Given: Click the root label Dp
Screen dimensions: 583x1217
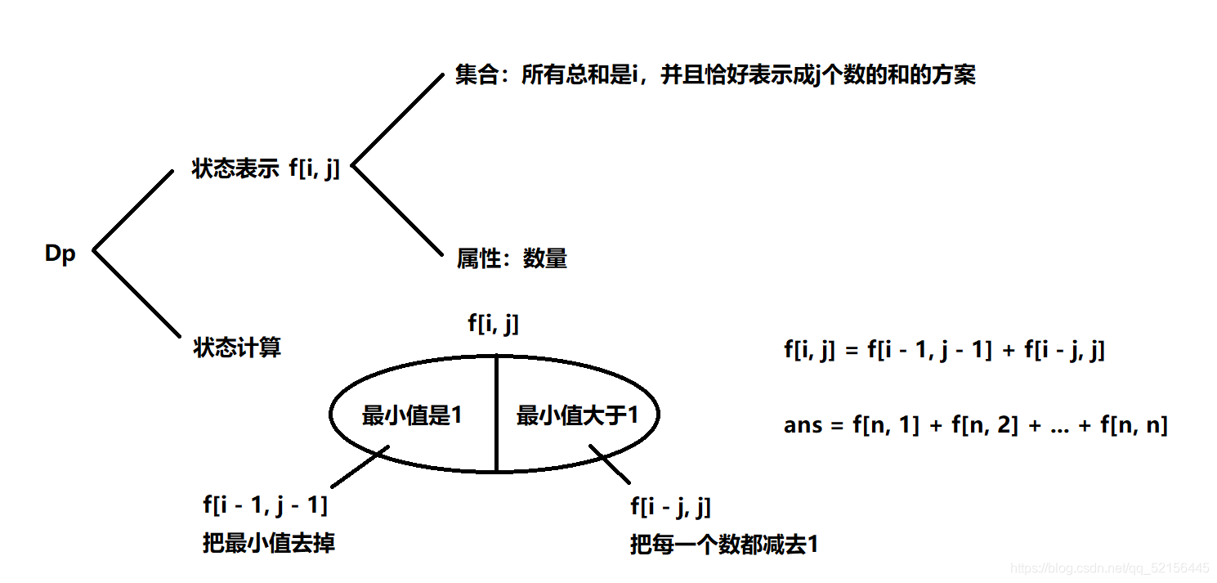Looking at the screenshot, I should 60,253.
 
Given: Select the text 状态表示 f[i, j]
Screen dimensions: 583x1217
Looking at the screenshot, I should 266,169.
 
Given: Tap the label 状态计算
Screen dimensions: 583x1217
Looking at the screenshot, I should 237,348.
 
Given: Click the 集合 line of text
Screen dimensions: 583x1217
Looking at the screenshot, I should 715,75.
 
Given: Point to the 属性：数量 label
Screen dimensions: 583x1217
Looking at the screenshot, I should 512,259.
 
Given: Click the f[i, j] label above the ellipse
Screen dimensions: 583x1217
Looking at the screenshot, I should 494,323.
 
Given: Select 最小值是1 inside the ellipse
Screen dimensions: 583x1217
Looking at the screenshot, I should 412,415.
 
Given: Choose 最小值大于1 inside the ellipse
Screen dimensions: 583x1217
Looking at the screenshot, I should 576,415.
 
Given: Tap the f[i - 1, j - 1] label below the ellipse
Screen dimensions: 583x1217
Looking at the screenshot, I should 266,505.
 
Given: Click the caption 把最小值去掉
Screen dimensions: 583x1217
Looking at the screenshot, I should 269,543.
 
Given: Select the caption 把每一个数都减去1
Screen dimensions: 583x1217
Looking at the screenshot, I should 723,545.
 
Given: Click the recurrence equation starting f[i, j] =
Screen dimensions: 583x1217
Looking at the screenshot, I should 944,351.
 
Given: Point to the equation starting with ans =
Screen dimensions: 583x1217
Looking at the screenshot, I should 975,425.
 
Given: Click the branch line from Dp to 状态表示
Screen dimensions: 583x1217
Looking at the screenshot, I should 133,210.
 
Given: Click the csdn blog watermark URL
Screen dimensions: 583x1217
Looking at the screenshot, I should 1110,567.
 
